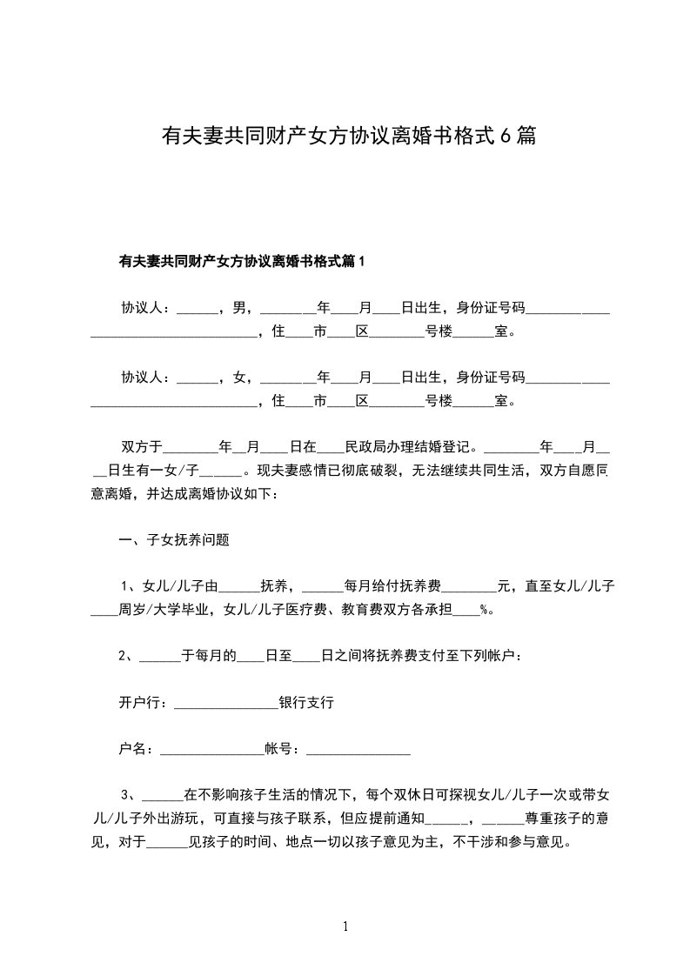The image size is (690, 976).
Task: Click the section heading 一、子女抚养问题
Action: pos(175,539)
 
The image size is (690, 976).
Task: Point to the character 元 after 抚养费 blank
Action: pos(502,585)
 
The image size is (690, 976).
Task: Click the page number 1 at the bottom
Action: pos(345,927)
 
